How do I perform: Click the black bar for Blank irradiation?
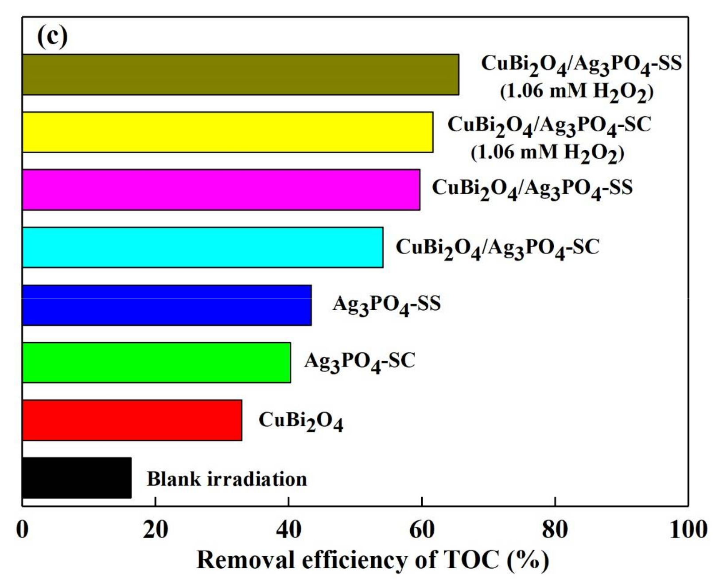tap(77, 478)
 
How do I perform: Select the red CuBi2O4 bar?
tap(132, 420)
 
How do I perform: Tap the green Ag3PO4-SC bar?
tap(156, 363)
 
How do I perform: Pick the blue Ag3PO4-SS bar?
tap(167, 305)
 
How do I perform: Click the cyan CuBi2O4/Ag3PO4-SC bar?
tap(202, 247)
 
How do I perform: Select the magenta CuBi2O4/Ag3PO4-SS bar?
tap(221, 190)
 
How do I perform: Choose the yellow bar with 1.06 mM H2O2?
tap(227, 132)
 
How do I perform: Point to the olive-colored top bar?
tap(241, 74)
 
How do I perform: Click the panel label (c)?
tap(52, 37)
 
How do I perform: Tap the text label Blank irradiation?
tap(226, 479)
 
